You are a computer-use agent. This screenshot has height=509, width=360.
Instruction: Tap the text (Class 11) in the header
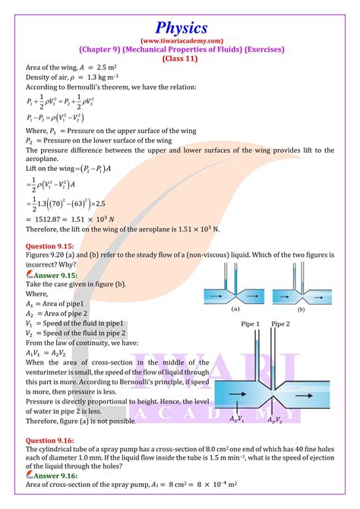coord(180,58)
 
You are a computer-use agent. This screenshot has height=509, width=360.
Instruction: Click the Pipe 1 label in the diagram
coord(252,324)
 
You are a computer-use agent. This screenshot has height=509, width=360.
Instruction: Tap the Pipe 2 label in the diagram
coord(281,324)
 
